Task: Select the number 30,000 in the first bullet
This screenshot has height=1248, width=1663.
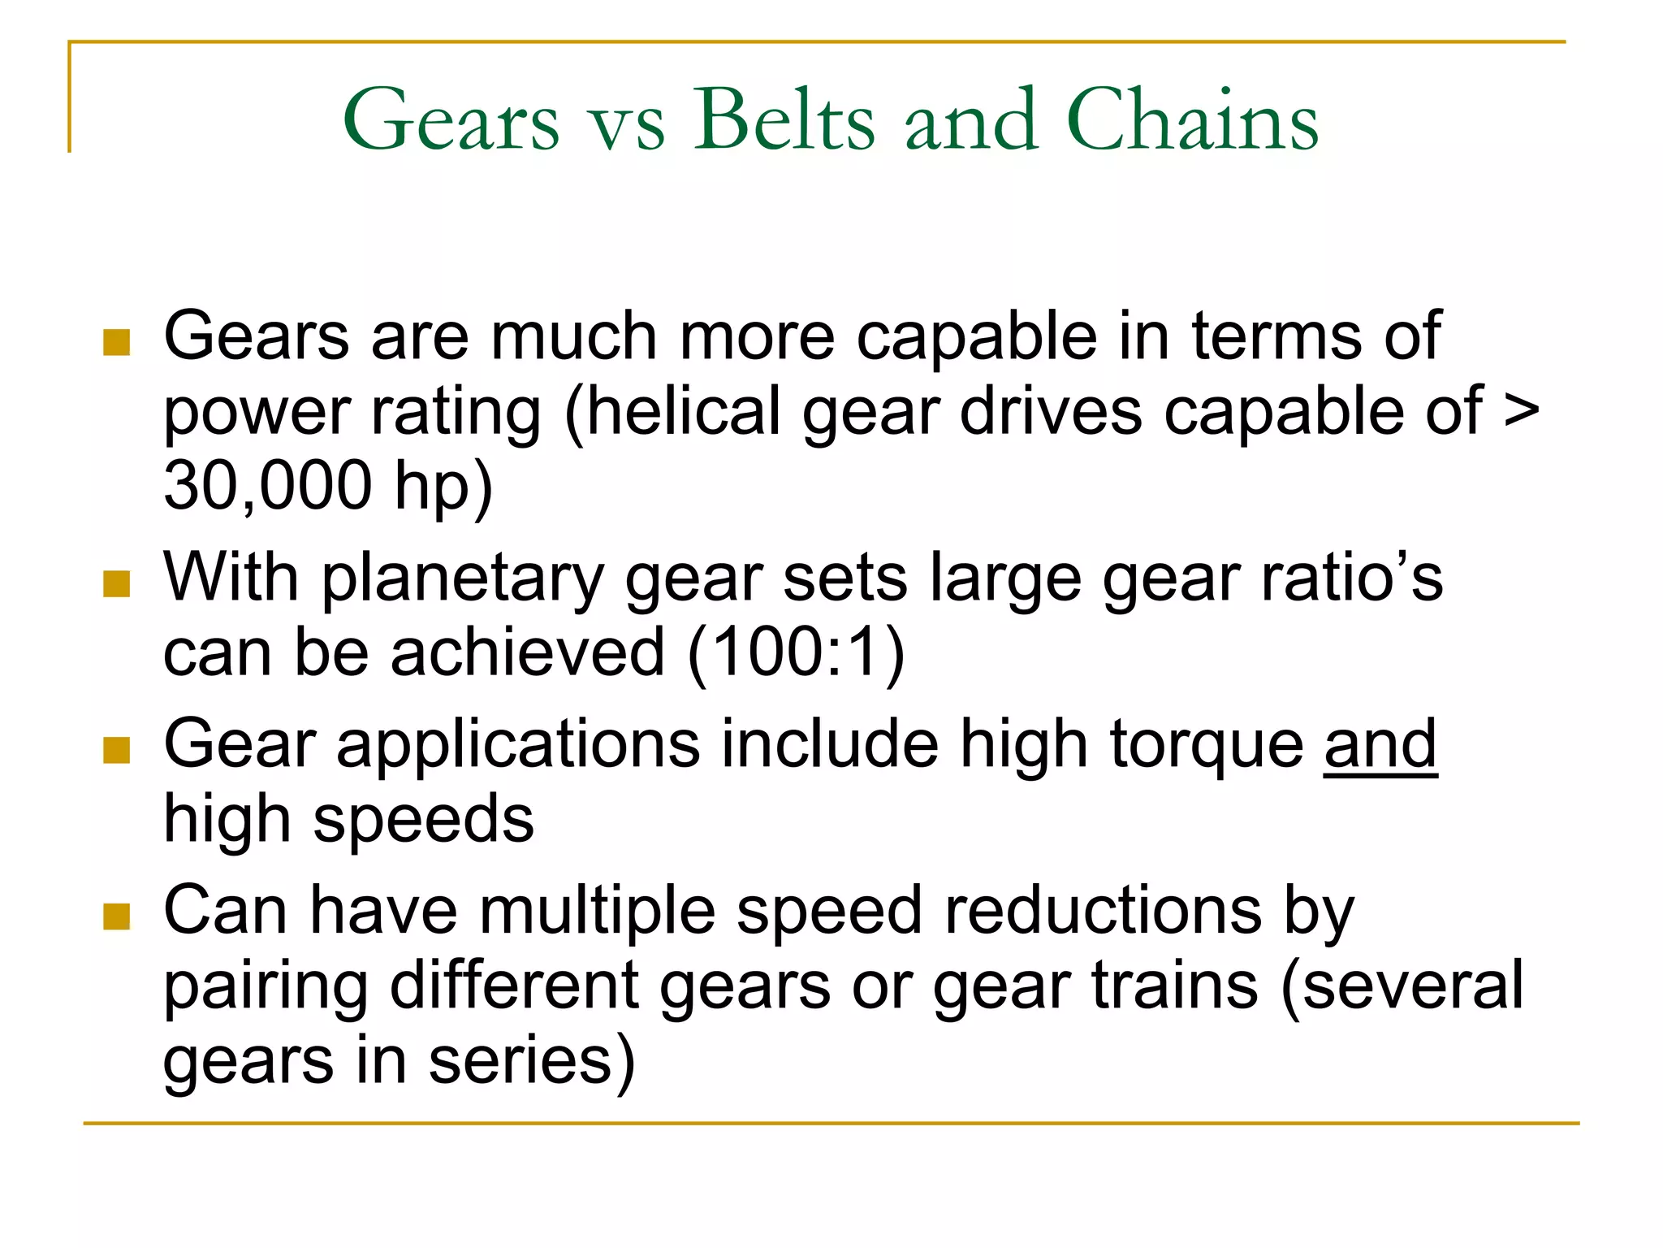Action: [268, 486]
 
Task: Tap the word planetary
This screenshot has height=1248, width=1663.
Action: [463, 579]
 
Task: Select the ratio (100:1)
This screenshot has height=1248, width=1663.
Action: [796, 652]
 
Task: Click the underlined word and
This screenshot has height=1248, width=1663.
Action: [1380, 744]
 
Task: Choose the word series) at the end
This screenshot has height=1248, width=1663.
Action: [532, 1061]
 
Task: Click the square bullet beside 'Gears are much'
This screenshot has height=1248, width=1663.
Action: [117, 342]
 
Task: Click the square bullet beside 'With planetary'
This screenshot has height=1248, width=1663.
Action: [117, 583]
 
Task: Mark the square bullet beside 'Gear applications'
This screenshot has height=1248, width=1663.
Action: [117, 750]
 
